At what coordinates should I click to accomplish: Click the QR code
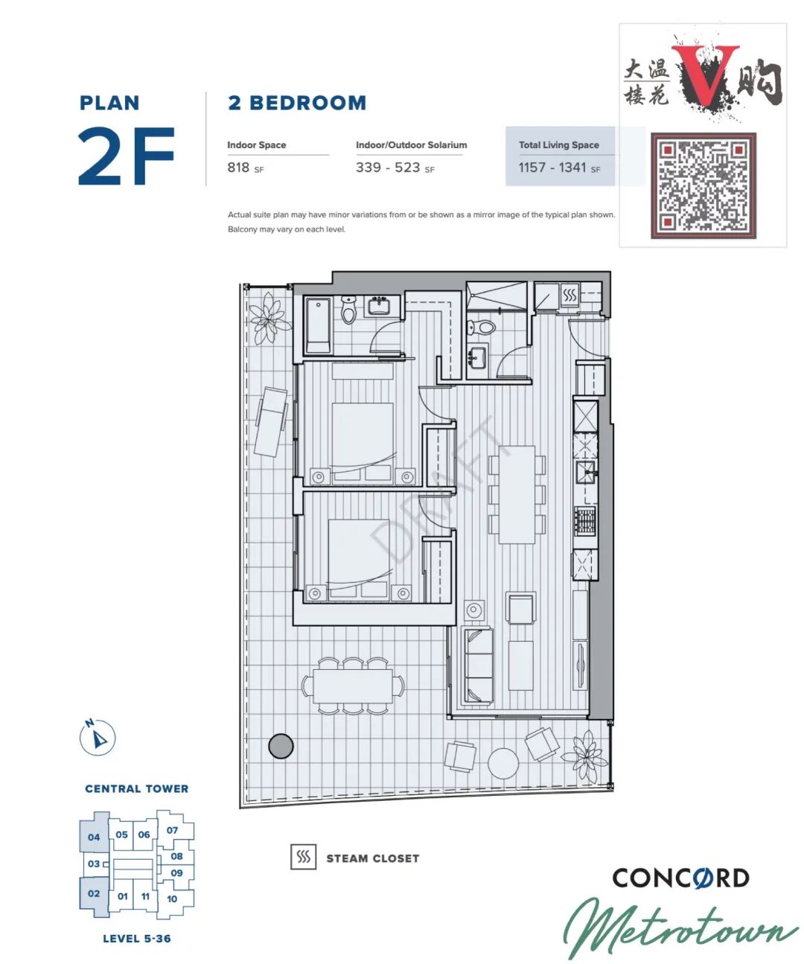(703, 185)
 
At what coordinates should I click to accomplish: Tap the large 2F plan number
(126, 156)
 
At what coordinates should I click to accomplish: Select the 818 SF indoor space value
(245, 167)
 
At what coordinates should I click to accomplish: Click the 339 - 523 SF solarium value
(395, 167)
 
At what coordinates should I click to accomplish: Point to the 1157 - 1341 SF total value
(559, 167)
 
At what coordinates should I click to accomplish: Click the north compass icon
(97, 737)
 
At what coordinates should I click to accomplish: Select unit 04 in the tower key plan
(94, 837)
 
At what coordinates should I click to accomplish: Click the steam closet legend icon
(304, 857)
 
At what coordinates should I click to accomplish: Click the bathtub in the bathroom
(318, 326)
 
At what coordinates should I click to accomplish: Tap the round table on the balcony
(503, 764)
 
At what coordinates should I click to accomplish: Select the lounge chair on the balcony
(271, 422)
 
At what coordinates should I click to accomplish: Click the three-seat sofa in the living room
(478, 665)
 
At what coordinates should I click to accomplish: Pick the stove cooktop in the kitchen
(584, 520)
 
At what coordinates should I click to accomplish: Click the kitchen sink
(586, 472)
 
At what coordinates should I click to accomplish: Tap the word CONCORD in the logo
(680, 878)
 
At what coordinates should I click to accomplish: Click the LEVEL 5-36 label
(137, 939)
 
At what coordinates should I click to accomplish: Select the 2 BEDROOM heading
(297, 103)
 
